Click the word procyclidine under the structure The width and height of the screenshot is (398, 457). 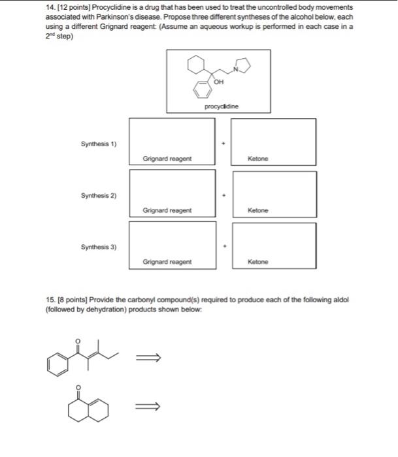(222, 106)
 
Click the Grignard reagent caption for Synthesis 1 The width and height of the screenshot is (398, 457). (167, 159)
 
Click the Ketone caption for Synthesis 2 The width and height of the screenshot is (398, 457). (258, 211)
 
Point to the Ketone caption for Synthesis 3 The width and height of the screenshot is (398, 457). (258, 262)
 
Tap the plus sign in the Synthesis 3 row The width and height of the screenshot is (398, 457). (224, 246)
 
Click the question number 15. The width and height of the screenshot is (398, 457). (52, 299)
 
